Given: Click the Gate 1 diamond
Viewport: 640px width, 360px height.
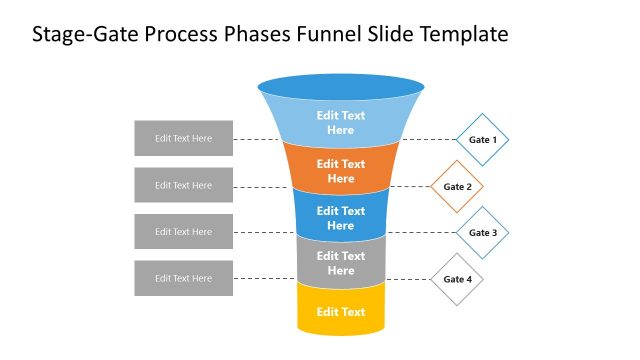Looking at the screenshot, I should point(483,139).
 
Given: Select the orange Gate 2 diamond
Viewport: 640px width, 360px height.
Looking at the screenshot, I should point(457,186).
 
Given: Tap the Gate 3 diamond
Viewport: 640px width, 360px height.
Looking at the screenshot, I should point(483,232).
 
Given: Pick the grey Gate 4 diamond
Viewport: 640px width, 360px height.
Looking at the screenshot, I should point(457,279).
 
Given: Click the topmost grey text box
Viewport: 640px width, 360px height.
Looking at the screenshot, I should point(184,138).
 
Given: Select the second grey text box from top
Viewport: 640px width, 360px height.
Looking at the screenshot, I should point(184,185).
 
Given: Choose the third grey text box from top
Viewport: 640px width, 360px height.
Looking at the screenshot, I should point(184,232).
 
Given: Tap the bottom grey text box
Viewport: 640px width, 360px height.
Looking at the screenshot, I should point(184,278).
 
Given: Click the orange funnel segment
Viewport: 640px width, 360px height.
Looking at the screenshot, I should point(341,171).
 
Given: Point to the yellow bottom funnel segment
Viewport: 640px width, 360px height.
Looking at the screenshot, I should point(341,312).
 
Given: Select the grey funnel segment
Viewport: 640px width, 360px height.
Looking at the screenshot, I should point(341,263).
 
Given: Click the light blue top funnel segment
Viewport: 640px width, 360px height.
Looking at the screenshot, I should point(341,122).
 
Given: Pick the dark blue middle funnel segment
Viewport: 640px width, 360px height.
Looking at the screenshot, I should point(341,218).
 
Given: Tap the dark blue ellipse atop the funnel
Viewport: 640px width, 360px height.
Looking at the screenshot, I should point(341,85).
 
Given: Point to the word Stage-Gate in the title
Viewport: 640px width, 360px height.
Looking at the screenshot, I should point(78,36).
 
